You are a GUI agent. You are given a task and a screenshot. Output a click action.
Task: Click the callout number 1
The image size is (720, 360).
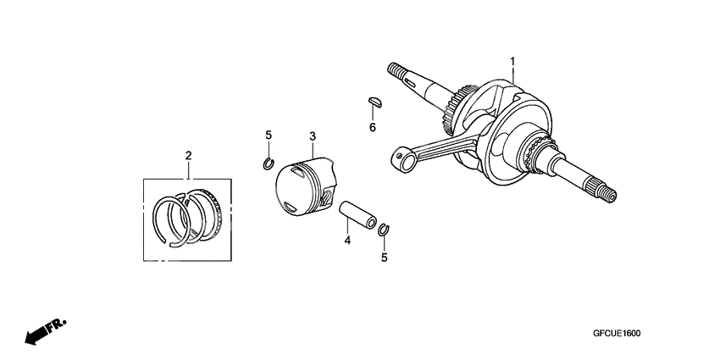(x=513, y=62)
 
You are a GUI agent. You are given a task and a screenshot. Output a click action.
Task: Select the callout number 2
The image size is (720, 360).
(x=188, y=155)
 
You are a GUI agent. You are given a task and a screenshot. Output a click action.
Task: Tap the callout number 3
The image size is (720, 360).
(x=313, y=136)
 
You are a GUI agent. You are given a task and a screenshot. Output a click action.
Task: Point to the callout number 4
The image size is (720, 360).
(x=346, y=241)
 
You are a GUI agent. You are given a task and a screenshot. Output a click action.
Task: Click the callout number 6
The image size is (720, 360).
(x=371, y=127)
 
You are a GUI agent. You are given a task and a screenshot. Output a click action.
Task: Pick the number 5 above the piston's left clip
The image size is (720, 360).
(x=269, y=136)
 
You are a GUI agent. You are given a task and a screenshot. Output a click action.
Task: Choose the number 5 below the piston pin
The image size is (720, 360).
(x=384, y=258)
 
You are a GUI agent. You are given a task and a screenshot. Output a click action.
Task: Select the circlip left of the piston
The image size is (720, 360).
(x=268, y=163)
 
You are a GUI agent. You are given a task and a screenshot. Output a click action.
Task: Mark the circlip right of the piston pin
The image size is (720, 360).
(x=384, y=229)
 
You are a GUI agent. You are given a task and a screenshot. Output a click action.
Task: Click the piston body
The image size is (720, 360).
(x=306, y=188)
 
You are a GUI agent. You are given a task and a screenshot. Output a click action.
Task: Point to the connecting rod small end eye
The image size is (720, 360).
(x=403, y=156)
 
